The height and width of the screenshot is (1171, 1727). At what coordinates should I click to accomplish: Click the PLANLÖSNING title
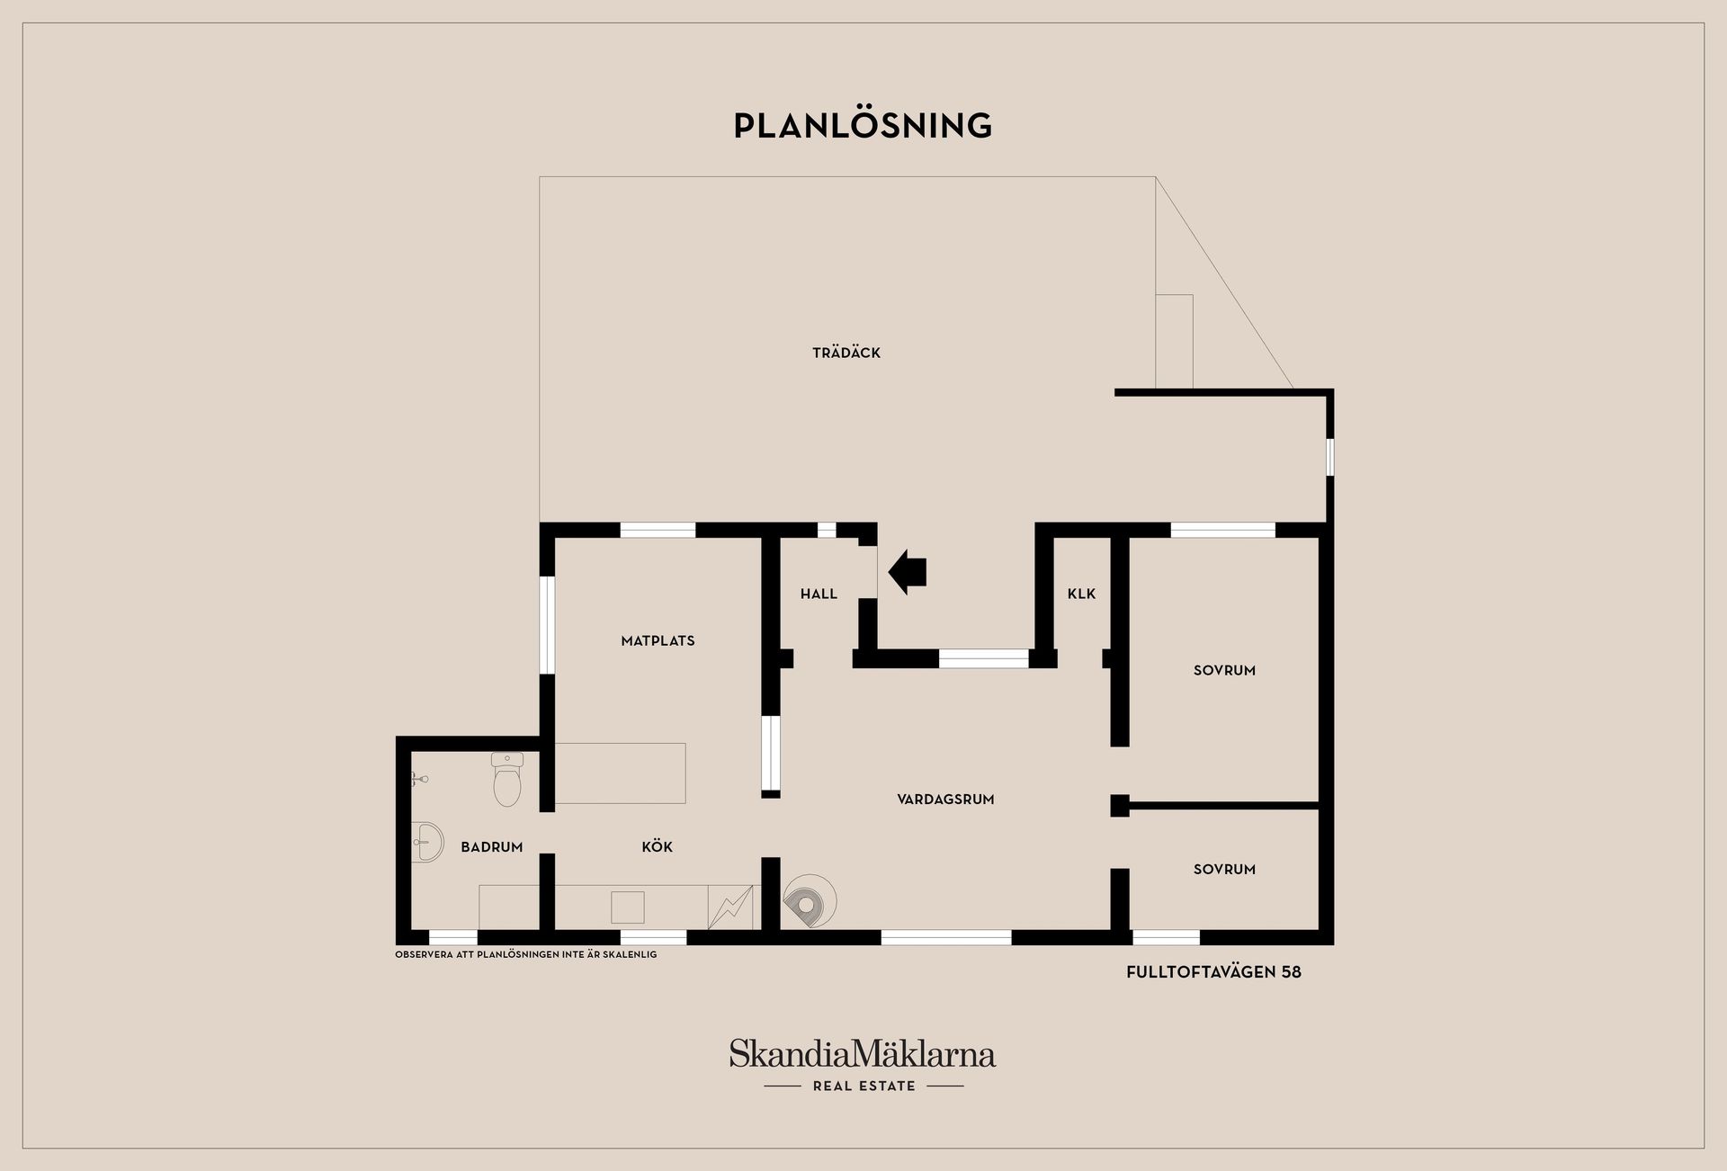click(x=863, y=125)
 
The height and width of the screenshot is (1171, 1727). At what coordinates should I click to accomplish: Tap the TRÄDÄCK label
click(x=846, y=353)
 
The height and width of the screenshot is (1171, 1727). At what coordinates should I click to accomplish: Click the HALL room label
click(x=819, y=594)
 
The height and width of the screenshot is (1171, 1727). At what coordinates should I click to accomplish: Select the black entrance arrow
click(x=907, y=572)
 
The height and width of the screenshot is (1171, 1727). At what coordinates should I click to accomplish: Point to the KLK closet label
click(x=1081, y=594)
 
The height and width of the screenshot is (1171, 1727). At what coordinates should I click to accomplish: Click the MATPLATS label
click(x=658, y=641)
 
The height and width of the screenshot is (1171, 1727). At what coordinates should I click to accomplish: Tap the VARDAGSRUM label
click(x=945, y=799)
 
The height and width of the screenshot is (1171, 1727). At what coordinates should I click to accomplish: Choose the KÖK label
click(x=657, y=846)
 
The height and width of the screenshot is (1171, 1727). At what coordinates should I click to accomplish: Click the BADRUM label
click(x=491, y=847)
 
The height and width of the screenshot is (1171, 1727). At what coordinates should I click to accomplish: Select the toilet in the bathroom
click(x=507, y=779)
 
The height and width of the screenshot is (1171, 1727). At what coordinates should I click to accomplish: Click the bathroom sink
click(x=427, y=843)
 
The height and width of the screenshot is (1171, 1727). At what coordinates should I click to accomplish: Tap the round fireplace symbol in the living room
click(x=810, y=900)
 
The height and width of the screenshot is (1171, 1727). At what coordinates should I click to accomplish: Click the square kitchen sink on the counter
click(x=628, y=907)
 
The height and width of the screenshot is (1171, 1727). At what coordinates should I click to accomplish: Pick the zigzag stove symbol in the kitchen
click(x=729, y=907)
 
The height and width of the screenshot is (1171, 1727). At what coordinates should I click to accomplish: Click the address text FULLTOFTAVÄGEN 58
click(x=1213, y=972)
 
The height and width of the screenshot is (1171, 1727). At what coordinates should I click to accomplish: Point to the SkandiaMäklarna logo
click(x=863, y=1053)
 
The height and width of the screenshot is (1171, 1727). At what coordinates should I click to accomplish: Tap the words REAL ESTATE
click(x=863, y=1086)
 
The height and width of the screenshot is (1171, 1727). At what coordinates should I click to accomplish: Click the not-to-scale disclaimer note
click(x=526, y=954)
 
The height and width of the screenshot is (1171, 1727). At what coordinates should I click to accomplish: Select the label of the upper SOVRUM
click(x=1224, y=670)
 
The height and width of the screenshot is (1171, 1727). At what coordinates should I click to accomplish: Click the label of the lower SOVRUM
click(x=1224, y=869)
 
